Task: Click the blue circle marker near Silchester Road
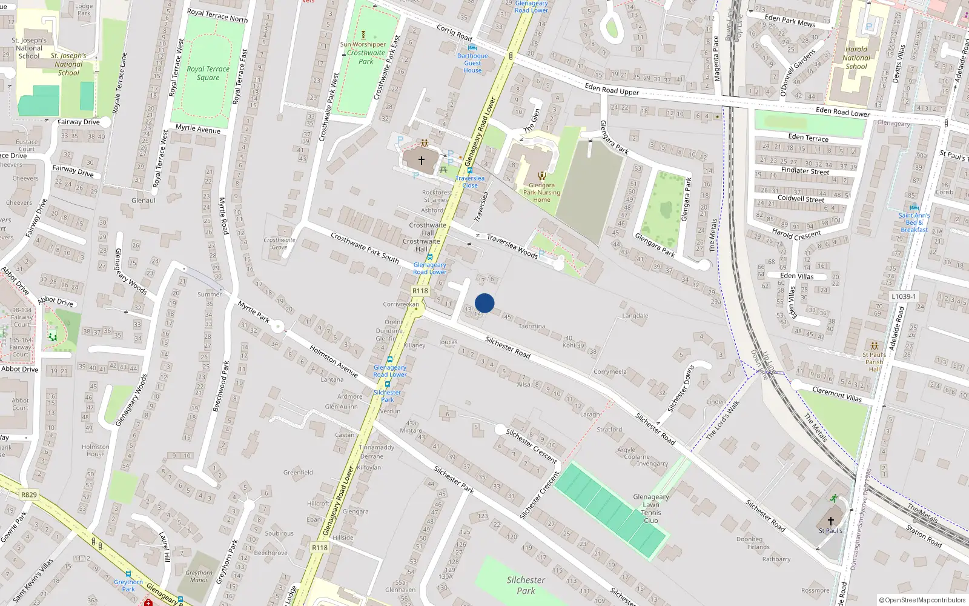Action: pyautogui.click(x=484, y=303)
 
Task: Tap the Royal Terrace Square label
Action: pyautogui.click(x=208, y=73)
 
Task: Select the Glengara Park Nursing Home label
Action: pyautogui.click(x=541, y=193)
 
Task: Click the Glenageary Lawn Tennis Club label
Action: pyautogui.click(x=651, y=508)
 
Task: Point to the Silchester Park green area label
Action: pyautogui.click(x=526, y=585)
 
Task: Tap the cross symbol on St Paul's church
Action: pyautogui.click(x=830, y=521)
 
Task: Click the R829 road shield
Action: pyautogui.click(x=29, y=494)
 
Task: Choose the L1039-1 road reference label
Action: pyautogui.click(x=904, y=296)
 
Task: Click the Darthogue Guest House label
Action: pyautogui.click(x=472, y=63)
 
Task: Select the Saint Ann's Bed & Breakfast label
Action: pyautogui.click(x=914, y=222)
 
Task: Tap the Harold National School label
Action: pyautogui.click(x=856, y=58)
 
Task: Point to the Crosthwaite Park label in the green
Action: pyautogui.click(x=366, y=57)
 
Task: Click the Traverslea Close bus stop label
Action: pyautogui.click(x=470, y=182)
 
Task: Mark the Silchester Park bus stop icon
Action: pyautogui.click(x=388, y=384)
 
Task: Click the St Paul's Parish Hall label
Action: pyautogui.click(x=874, y=362)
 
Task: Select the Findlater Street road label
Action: pyautogui.click(x=805, y=171)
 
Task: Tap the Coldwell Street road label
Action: pyautogui.click(x=801, y=198)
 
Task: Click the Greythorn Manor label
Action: pyautogui.click(x=199, y=576)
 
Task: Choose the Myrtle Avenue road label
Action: pyautogui.click(x=198, y=129)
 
